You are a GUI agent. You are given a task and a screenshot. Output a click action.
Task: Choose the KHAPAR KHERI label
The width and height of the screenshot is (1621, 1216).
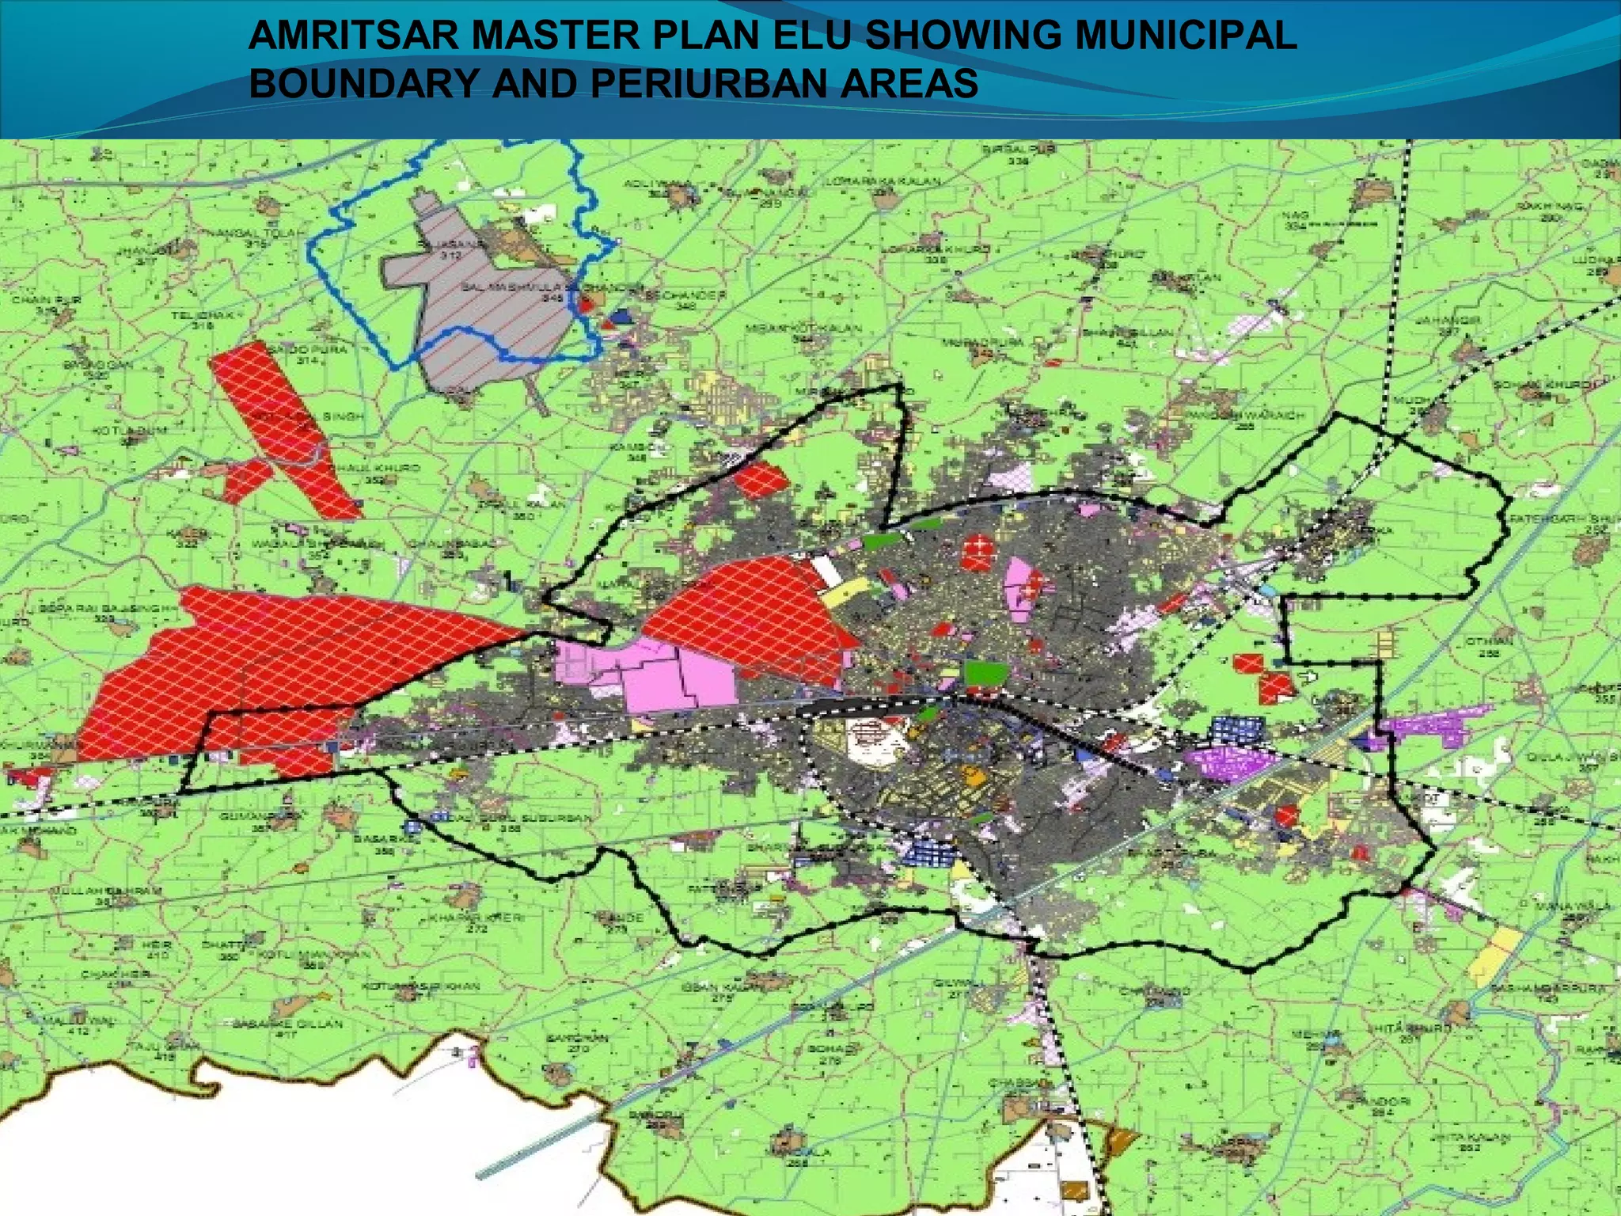[475, 918]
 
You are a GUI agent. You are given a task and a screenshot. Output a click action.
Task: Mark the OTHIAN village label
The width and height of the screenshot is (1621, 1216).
[1489, 641]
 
